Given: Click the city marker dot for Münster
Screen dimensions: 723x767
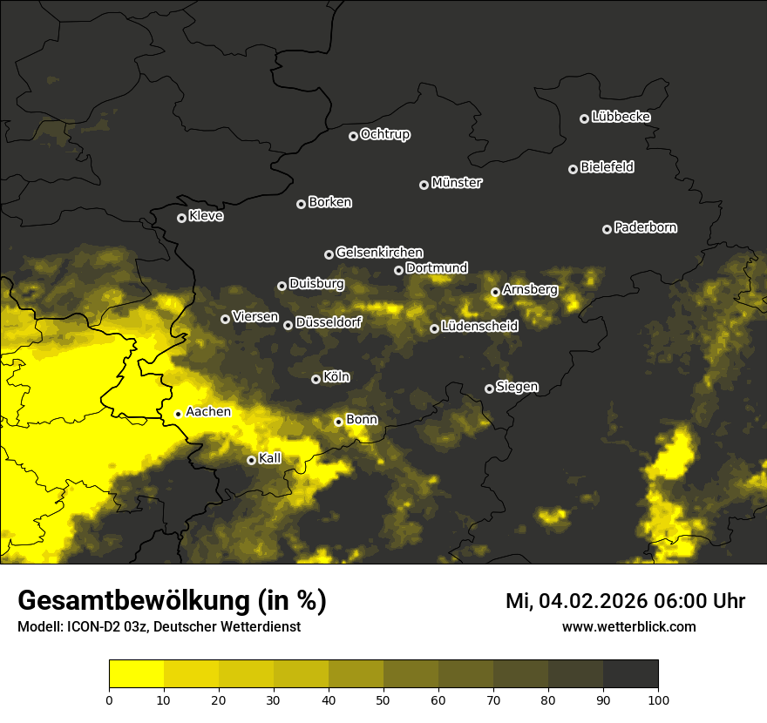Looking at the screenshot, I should [424, 185].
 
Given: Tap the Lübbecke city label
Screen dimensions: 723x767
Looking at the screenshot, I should [621, 117].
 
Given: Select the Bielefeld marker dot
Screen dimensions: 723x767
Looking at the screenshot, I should [574, 169].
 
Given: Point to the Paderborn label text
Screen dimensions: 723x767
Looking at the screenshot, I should [645, 227].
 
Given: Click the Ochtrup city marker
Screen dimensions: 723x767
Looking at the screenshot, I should [353, 136].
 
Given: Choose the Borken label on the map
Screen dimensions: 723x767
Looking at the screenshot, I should [329, 202].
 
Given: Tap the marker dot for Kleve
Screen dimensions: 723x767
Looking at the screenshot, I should [181, 218].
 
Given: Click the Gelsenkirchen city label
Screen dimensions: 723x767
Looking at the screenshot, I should [379, 253].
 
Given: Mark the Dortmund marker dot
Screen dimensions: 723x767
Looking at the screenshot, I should [398, 270].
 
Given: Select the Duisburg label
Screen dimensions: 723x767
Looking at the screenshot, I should [316, 284].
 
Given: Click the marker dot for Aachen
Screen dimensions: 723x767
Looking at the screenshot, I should [178, 414].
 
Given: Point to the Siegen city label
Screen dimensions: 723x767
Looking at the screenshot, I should [517, 387].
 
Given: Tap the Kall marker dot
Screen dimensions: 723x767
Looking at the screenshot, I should [251, 460].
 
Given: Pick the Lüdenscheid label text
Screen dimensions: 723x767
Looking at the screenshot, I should [479, 327].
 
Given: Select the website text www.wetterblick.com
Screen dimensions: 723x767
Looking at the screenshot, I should [628, 626].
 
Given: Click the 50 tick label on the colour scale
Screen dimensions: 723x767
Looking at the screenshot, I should [383, 699].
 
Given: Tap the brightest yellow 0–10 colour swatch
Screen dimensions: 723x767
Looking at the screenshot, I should [137, 674].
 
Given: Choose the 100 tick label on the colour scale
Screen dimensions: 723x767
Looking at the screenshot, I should [658, 699].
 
